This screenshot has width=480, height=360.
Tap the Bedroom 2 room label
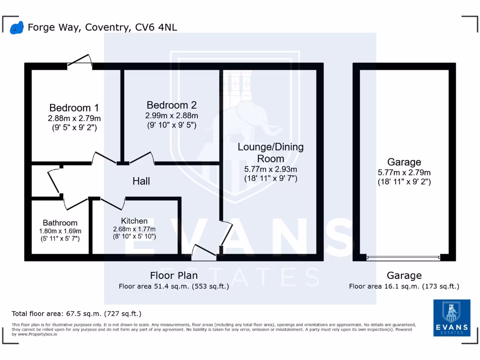click(x=171, y=105)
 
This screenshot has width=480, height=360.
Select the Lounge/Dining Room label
click(x=270, y=152)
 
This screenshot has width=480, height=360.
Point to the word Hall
click(x=141, y=181)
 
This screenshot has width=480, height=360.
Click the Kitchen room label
click(x=134, y=221)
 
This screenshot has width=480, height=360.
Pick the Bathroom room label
click(x=60, y=223)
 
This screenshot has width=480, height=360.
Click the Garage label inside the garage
click(x=404, y=162)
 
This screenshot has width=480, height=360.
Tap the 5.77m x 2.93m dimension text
click(x=270, y=169)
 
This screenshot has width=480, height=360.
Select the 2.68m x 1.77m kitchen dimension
click(x=134, y=229)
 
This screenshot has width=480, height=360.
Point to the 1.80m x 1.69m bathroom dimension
click(x=60, y=231)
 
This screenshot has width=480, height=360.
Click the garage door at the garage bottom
click(x=404, y=257)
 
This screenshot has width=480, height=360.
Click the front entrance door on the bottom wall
click(x=204, y=253)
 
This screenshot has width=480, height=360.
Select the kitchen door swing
click(x=112, y=203)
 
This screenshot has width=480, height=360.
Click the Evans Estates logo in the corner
click(x=452, y=317)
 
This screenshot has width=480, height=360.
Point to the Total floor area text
click(x=76, y=314)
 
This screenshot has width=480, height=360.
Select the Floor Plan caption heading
click(x=174, y=275)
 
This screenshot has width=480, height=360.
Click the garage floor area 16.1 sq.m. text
click(x=404, y=286)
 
